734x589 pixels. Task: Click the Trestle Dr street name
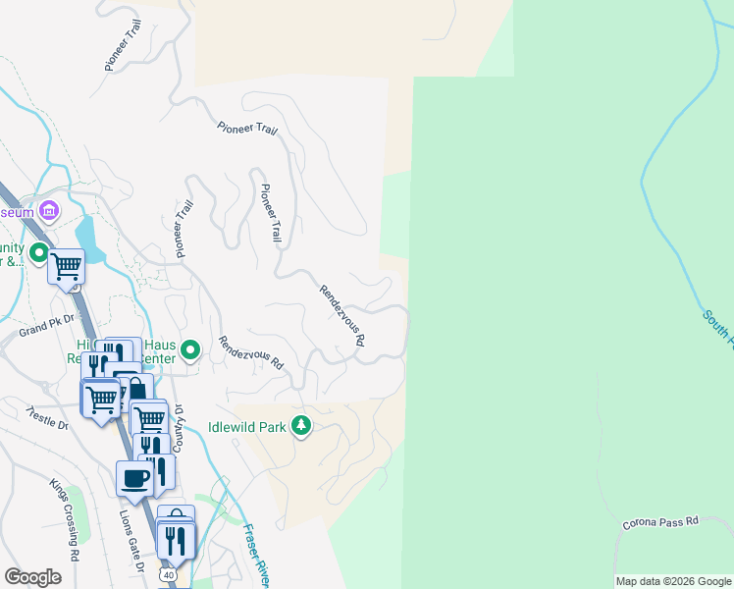click(46, 419)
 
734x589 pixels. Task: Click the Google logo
click(32, 577)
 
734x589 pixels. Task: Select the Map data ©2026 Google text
click(673, 581)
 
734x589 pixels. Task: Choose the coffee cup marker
click(133, 478)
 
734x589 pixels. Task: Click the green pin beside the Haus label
click(192, 349)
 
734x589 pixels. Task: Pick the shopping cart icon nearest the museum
click(66, 265)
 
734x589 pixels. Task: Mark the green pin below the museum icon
click(39, 255)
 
